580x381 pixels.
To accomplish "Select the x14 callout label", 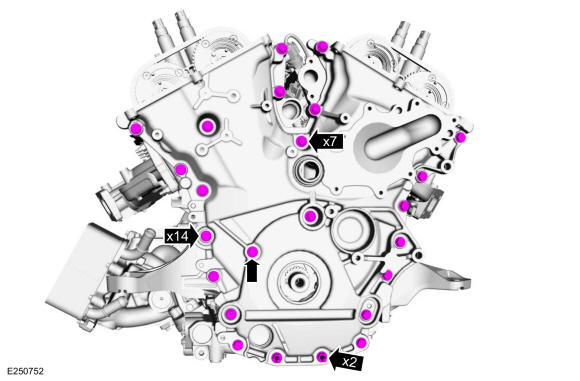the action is click(x=177, y=236).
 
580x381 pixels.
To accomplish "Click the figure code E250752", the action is click(x=25, y=371).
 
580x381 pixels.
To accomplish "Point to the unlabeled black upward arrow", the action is click(x=252, y=270).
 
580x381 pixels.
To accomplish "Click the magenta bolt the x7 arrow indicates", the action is click(x=302, y=141).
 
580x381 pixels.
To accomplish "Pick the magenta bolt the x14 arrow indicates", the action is click(x=206, y=235).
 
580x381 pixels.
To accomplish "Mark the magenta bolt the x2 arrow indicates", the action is click(x=322, y=357).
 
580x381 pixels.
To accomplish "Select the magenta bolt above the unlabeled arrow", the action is click(x=252, y=252).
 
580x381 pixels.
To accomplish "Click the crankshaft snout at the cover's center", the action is click(x=299, y=282).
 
